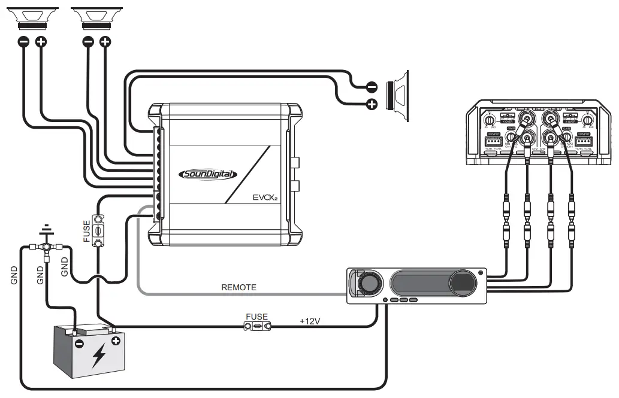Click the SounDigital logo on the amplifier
coord(208,174)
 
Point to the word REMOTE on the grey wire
coord(238,287)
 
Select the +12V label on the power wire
coord(310,321)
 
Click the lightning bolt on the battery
coord(98,357)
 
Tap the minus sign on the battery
coord(78,344)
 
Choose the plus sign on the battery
coord(115,341)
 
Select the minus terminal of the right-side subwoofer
coord(372,87)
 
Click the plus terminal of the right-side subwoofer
coord(372,105)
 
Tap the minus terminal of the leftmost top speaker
coord(23,42)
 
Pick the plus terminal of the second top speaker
coord(105,42)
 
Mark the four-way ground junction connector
coord(45,247)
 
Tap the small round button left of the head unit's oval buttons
coord(384,300)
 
